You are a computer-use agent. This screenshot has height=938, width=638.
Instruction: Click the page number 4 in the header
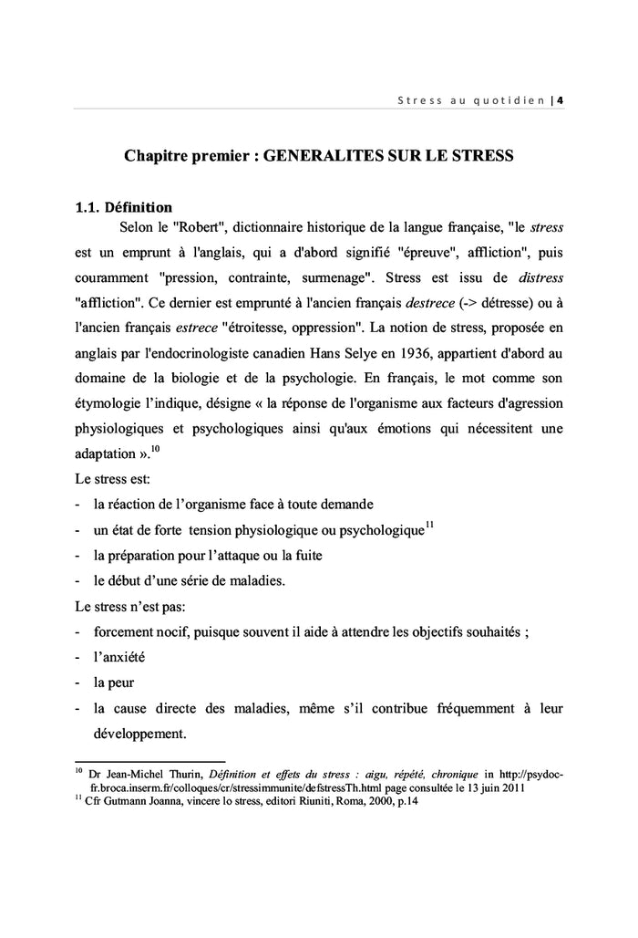click(x=560, y=99)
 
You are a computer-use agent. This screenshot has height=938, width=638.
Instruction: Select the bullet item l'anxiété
click(x=119, y=655)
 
